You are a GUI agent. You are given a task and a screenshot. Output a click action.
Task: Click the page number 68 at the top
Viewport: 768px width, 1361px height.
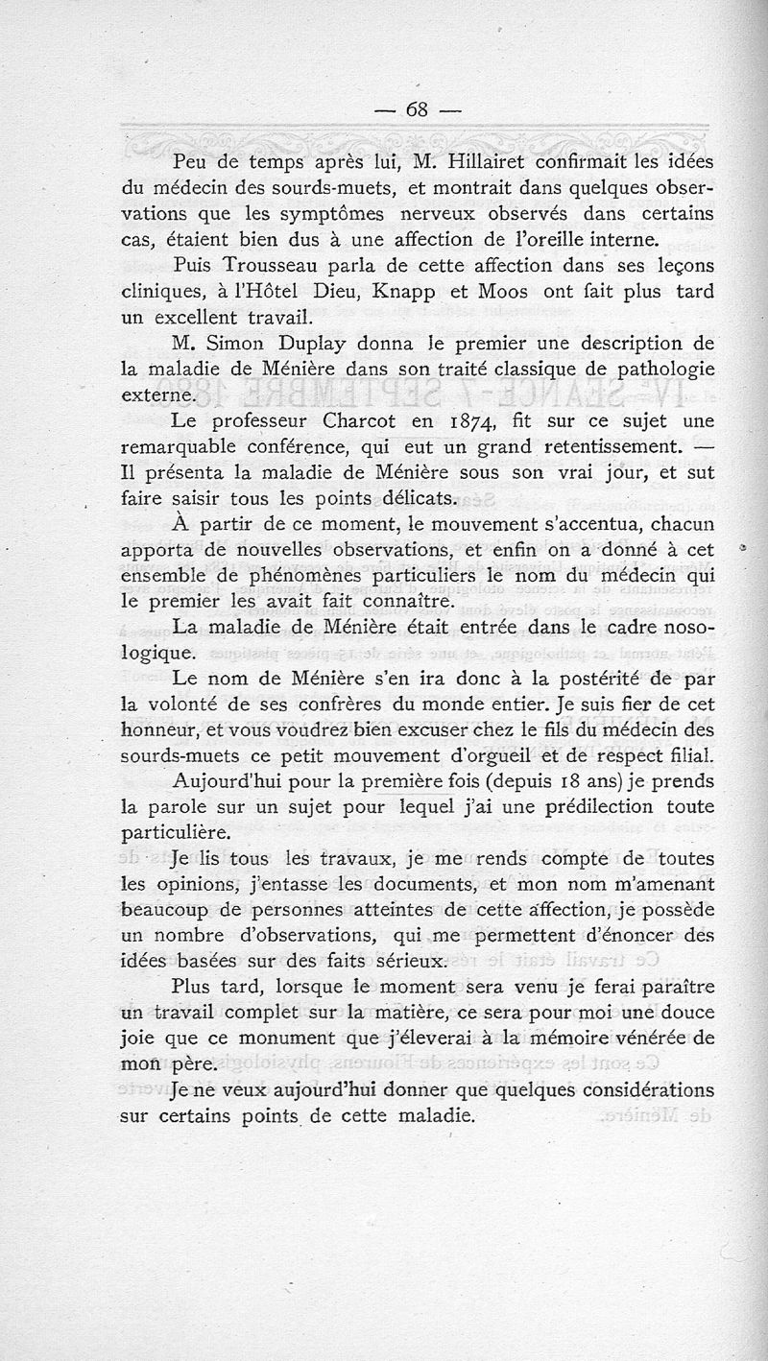click(417, 108)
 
